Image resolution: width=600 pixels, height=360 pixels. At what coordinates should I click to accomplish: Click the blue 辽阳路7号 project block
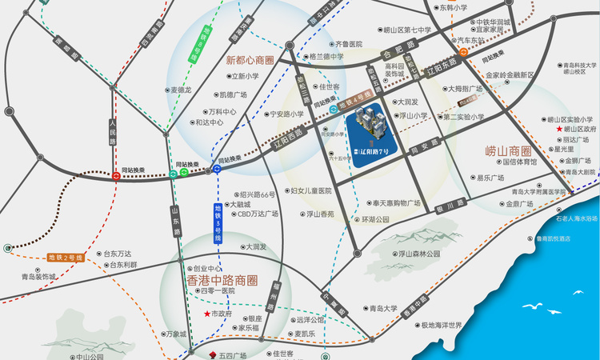(377, 137)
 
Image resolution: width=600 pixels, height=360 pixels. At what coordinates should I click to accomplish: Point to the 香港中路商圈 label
(222, 280)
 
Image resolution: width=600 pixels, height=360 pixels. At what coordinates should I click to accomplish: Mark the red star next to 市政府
(207, 314)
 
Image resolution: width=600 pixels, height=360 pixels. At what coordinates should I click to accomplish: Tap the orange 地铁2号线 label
(66, 257)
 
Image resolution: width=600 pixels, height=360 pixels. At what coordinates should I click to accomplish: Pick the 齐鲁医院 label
(348, 44)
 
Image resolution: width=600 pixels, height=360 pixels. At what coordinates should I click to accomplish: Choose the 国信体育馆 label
(519, 162)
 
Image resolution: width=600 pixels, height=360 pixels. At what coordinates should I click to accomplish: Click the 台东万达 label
(117, 254)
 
